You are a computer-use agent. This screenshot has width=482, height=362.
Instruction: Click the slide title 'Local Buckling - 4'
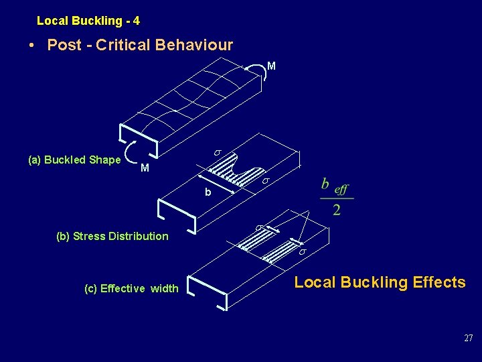click(88, 21)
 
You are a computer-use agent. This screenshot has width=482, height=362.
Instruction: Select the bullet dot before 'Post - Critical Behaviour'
click(32, 46)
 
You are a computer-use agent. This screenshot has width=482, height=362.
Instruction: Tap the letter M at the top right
click(271, 66)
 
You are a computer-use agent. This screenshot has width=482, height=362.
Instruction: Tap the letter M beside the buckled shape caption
click(145, 168)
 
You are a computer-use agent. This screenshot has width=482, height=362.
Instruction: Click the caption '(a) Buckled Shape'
click(74, 160)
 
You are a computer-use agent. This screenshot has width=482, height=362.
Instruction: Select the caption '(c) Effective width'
click(131, 289)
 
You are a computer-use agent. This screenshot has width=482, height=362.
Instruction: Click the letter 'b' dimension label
click(208, 192)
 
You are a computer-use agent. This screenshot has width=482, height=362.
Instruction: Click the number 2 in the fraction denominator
click(336, 210)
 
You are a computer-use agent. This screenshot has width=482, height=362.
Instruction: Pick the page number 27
click(468, 339)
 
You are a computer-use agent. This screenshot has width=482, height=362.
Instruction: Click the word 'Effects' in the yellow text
click(439, 282)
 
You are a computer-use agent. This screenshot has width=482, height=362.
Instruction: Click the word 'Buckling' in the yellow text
click(374, 282)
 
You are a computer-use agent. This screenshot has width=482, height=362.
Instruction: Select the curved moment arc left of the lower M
click(131, 154)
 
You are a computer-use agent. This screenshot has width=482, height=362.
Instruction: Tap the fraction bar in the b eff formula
click(336, 198)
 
